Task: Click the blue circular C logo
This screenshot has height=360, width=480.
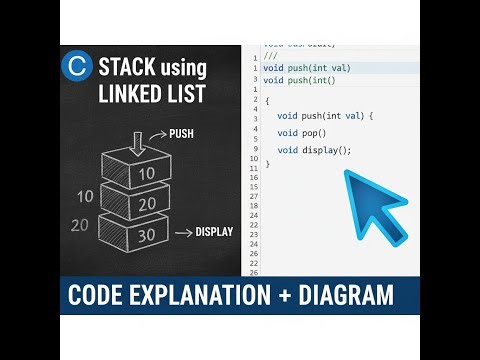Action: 76,67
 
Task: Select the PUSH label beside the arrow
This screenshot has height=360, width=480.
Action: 181,132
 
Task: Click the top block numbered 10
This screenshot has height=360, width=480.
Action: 146,173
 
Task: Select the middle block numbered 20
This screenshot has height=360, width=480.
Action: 147,204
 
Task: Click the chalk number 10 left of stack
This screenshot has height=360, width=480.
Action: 85,197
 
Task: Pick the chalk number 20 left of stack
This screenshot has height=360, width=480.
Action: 80,225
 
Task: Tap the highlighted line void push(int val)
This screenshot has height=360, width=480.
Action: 307,68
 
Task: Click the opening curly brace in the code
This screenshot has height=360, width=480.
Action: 267,101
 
